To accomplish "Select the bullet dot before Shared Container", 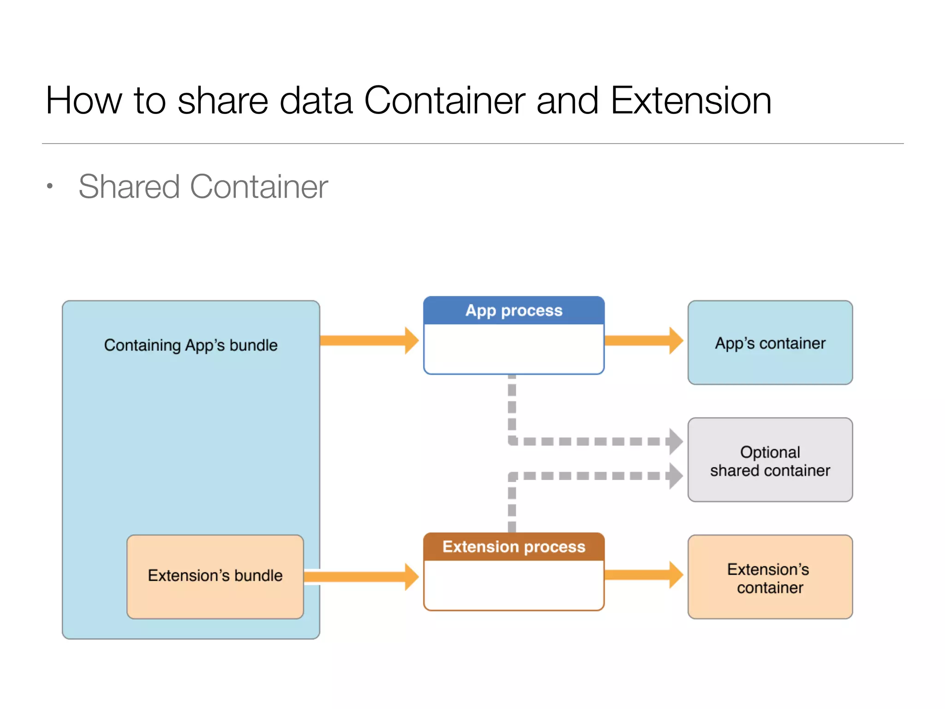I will click(50, 186).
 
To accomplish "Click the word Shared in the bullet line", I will click(129, 187).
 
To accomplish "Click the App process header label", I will click(514, 311).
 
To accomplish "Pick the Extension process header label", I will click(514, 547).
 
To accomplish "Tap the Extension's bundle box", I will click(215, 576).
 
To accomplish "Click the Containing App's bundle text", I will click(191, 345).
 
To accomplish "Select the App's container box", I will click(770, 343).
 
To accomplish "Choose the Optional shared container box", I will click(770, 460).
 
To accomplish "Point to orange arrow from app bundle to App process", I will click(369, 341).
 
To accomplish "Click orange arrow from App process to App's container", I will click(644, 341).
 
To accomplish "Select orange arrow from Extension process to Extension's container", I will click(644, 575).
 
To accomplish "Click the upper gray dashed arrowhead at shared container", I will click(675, 441).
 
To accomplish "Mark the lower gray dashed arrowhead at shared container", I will click(675, 476).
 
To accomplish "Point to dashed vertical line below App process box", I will click(512, 406).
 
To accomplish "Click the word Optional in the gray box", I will click(770, 452).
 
